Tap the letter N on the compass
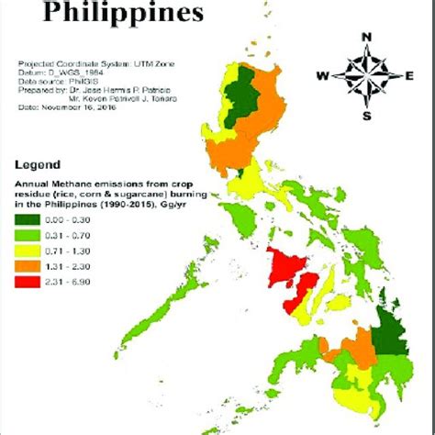[366, 38]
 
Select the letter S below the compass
[366, 116]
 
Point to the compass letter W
[321, 75]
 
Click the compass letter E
[408, 75]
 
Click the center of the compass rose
[366, 75]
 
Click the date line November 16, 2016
[65, 107]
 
